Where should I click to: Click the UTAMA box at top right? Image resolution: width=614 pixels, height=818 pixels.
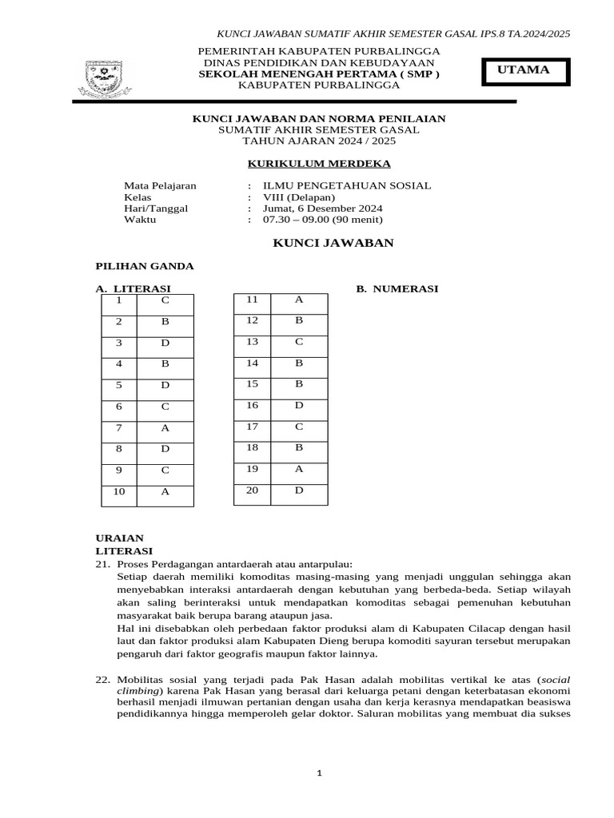[x=524, y=71]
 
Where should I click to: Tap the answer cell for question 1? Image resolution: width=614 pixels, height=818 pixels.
[x=165, y=300]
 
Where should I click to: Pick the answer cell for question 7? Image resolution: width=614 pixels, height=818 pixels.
[x=165, y=427]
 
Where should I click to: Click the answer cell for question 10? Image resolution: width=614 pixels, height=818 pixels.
[x=165, y=491]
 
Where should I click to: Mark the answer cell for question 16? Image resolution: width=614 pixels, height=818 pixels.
[x=298, y=406]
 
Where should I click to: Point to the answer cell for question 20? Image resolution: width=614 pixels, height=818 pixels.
[x=298, y=490]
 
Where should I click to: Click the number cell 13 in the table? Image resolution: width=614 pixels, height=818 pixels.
[x=252, y=342]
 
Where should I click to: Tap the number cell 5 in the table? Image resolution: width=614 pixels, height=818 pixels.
[x=118, y=385]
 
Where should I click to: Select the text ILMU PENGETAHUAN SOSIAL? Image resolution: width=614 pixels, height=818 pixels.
[x=340, y=185]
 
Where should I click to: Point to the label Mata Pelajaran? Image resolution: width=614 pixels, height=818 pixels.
[x=160, y=185]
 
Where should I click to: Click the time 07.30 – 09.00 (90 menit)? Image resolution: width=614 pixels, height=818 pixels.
[x=305, y=220]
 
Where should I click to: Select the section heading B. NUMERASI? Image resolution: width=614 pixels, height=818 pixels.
[x=397, y=289]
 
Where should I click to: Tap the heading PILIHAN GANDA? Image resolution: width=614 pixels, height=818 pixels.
[x=145, y=266]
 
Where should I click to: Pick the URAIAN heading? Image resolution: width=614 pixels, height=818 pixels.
[x=120, y=538]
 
